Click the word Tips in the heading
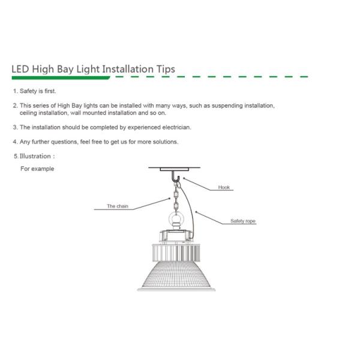pyautogui.click(x=164, y=68)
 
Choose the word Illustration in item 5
pyautogui.click(x=36, y=156)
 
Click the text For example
pyautogui.click(x=37, y=169)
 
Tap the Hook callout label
pyautogui.click(x=224, y=188)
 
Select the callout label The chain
pyautogui.click(x=117, y=206)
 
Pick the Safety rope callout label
pyautogui.click(x=243, y=221)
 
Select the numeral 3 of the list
pyautogui.click(x=14, y=127)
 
